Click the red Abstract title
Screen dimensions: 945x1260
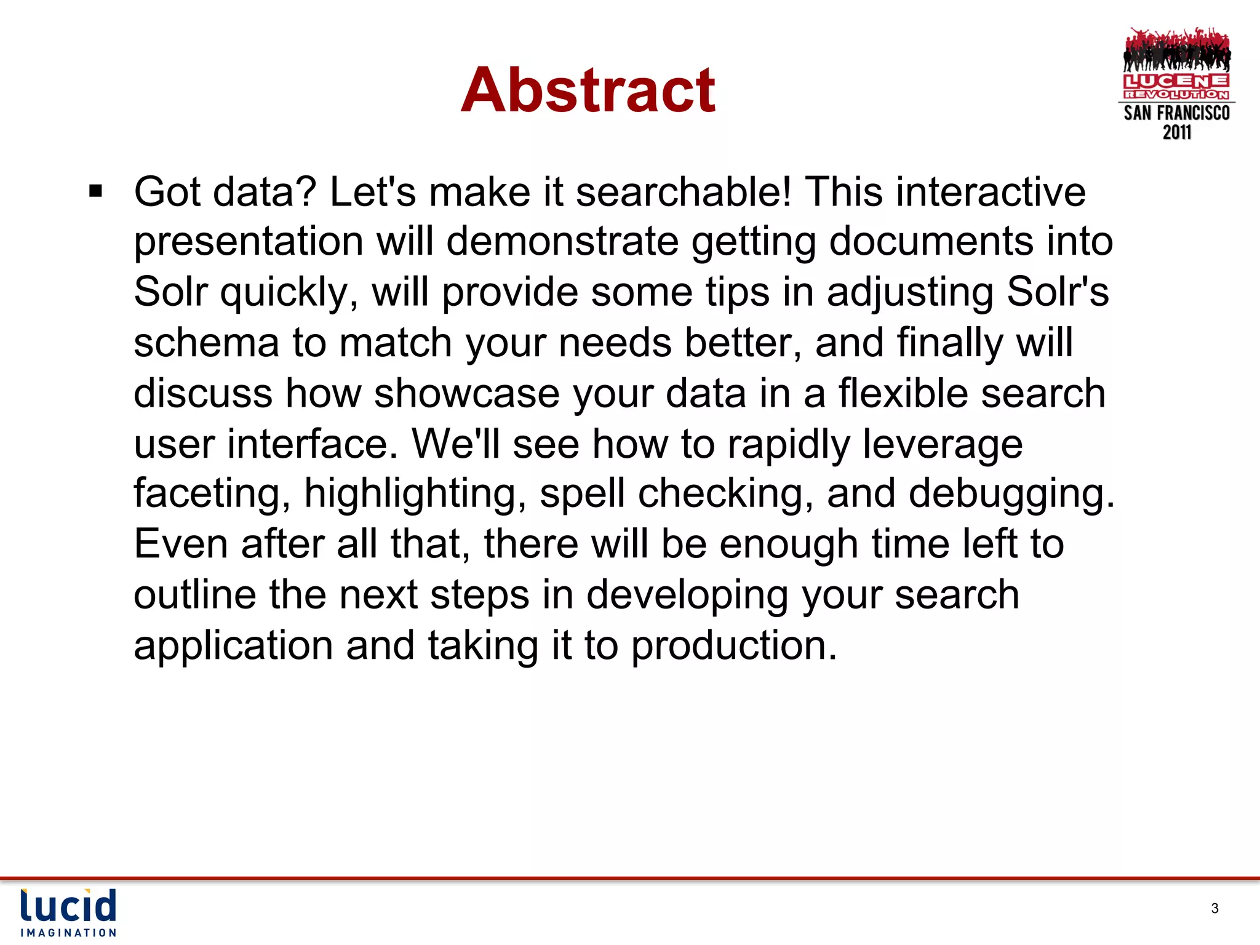[588, 90]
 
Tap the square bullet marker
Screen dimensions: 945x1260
[95, 191]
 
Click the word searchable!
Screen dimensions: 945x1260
[684, 192]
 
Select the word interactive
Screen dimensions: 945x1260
[991, 192]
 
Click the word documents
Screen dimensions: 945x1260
[931, 241]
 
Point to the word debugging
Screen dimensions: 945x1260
[1011, 493]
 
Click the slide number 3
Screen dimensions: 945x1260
[1214, 908]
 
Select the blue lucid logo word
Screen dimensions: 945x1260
[68, 906]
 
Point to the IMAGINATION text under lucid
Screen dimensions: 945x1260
[68, 933]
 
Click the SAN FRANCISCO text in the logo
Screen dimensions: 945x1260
[1176, 113]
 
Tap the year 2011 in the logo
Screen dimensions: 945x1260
[1176, 132]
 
